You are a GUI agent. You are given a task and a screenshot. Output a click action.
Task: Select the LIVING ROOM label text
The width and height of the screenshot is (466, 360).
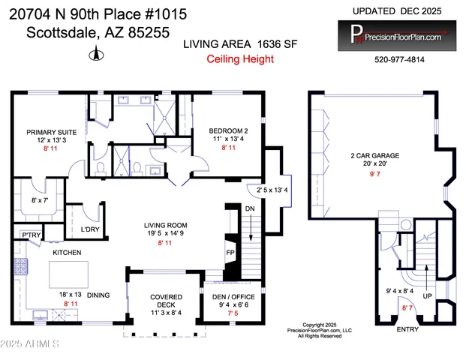click(x=166, y=225)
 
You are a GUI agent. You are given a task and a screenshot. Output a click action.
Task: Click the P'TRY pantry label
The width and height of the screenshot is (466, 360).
click(x=30, y=235)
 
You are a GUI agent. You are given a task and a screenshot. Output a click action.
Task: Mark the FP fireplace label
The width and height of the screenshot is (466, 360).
click(x=230, y=253)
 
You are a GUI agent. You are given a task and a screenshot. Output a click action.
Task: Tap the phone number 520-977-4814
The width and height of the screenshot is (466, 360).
click(x=398, y=60)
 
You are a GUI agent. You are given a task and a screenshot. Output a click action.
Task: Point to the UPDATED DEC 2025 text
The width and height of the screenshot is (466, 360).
click(x=398, y=11)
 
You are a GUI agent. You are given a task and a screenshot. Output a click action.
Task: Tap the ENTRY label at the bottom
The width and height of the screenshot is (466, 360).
click(x=407, y=329)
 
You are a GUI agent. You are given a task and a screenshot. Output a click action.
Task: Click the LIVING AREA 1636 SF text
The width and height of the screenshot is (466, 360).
click(x=240, y=45)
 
